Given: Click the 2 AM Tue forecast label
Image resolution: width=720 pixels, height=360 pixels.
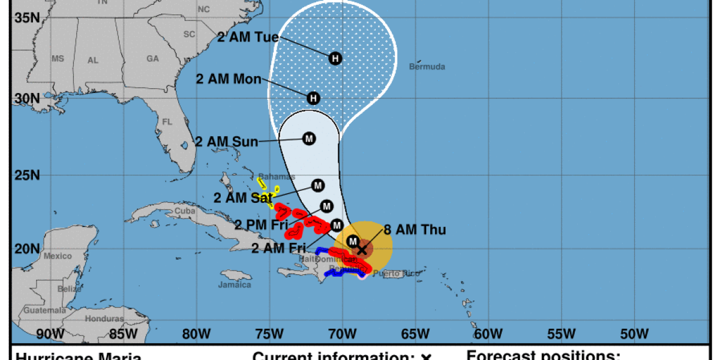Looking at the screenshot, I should tap(248, 37).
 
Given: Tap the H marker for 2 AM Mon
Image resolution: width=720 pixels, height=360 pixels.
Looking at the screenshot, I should tap(313, 98).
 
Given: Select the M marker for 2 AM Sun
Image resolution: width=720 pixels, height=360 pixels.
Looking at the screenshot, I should tap(309, 139).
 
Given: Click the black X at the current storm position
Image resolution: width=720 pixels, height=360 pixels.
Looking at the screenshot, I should tap(362, 249).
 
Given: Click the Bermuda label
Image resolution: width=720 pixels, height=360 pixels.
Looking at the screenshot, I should tap(427, 67).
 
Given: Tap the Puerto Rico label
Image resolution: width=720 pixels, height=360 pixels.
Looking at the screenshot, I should tap(394, 274).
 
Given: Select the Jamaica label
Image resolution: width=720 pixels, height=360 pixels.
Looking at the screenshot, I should tap(235, 284).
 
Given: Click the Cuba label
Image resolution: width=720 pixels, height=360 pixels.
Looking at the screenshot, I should tap(181, 211).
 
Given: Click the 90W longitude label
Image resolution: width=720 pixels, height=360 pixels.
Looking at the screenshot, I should tap(50, 333).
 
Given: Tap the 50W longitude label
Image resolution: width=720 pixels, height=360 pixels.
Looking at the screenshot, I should tap(634, 333).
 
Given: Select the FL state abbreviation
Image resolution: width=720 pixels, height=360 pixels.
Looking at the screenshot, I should tap(167, 121).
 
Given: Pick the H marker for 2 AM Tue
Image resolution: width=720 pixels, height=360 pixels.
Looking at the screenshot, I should tap(335, 58).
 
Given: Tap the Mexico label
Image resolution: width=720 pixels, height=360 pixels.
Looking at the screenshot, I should tap(58, 256).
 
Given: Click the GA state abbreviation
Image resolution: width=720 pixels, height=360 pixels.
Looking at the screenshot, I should tap(152, 59).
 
